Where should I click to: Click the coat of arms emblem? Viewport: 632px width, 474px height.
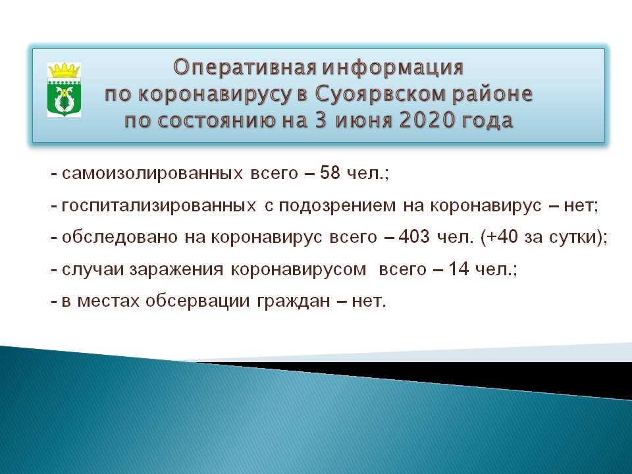pos(64,90)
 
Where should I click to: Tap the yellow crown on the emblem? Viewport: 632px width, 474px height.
pos(65,70)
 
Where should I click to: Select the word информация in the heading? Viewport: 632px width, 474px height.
pos(393,67)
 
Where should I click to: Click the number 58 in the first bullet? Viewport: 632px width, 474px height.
pos(330,173)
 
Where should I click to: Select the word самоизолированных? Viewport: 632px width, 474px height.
pos(152,174)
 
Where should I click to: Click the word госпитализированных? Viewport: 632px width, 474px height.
pos(159,206)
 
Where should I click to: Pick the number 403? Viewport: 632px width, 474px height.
pos(414,236)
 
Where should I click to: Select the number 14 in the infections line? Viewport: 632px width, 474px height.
pos(459,269)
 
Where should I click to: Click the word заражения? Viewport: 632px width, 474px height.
pos(176,270)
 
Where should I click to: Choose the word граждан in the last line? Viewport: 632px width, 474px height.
pos(294,302)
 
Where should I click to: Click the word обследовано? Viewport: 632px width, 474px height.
pos(120,238)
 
